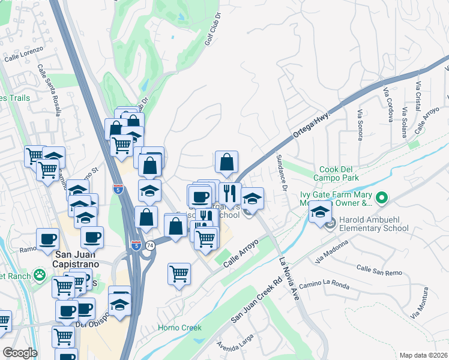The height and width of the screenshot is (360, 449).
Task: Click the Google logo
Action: pos(20,353)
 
